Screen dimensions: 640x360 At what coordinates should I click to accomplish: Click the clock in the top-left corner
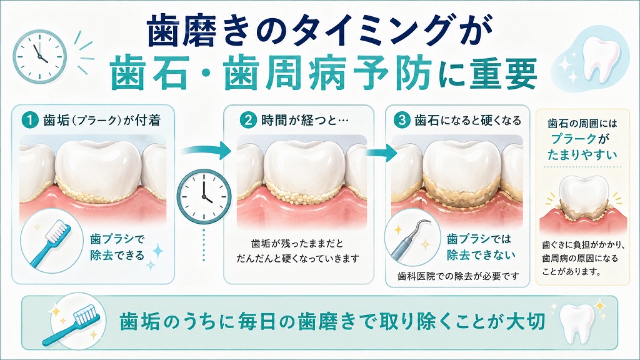pos(39,57)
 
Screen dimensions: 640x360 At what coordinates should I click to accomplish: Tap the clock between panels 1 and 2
pos(204,197)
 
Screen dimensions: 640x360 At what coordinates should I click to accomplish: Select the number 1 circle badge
pos(30,121)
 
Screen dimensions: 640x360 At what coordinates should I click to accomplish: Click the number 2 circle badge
pos(247,121)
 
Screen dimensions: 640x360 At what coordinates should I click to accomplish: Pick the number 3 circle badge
pos(402,121)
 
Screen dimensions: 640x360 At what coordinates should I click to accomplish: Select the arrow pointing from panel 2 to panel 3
pos(381,152)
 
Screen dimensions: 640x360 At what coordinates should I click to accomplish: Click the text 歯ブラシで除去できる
pos(117,247)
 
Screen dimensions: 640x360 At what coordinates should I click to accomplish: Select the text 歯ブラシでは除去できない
pos(481,246)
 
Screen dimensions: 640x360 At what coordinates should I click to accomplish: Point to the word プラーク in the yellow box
pos(574,139)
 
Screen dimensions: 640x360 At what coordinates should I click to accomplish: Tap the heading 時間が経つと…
pos(305,121)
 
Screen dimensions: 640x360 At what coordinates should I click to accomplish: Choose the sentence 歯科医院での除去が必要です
pos(458,276)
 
